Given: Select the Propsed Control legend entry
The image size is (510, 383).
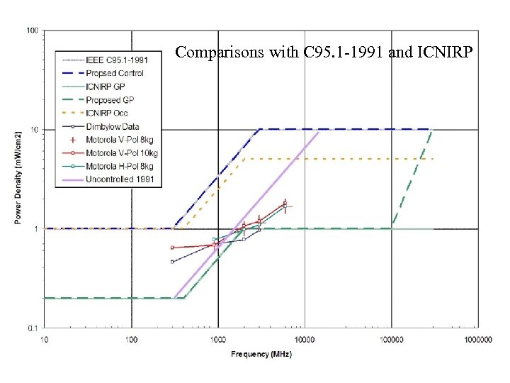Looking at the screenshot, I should click(x=114, y=73).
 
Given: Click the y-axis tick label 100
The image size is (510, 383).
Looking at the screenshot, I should click(x=33, y=31).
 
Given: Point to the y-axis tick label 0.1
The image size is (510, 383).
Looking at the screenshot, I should click(x=33, y=328).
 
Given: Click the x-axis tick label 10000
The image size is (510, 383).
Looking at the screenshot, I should click(x=305, y=339).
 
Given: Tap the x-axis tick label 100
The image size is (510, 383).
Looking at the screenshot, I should click(x=131, y=339).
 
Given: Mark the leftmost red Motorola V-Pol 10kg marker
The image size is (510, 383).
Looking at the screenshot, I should click(x=172, y=248).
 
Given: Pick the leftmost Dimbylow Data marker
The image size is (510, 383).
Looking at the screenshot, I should click(x=172, y=262).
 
